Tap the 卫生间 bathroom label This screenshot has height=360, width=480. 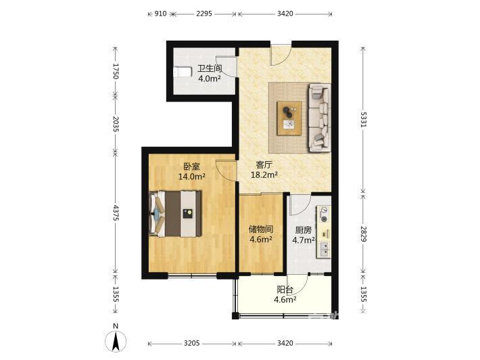pyautogui.click(x=210, y=68)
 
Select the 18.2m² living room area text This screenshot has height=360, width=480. pyautogui.click(x=264, y=175)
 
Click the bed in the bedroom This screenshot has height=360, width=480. pyautogui.click(x=175, y=214)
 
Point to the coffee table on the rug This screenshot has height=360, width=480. pyautogui.click(x=289, y=118)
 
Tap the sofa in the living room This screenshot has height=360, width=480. pyautogui.click(x=320, y=118)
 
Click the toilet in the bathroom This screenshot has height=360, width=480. pyautogui.click(x=182, y=72)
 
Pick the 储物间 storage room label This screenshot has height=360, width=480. pyautogui.click(x=261, y=229)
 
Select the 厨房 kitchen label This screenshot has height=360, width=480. pyautogui.click(x=304, y=230)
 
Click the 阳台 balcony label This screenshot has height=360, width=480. pyautogui.click(x=285, y=290)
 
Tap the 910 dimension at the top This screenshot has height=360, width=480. pyautogui.click(x=160, y=14)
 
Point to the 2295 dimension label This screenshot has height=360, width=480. pyautogui.click(x=204, y=14)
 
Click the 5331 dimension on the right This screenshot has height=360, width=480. pyautogui.click(x=363, y=120)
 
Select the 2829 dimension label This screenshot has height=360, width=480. pyautogui.click(x=363, y=234)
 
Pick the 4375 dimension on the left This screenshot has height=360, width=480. pyautogui.click(x=116, y=213)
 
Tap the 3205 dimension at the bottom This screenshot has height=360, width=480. pyautogui.click(x=192, y=343)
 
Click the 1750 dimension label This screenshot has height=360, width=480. pyautogui.click(x=116, y=71)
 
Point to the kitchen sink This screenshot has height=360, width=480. pyautogui.click(x=325, y=249)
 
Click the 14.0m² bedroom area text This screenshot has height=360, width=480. pyautogui.click(x=191, y=177)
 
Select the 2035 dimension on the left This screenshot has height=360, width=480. pyautogui.click(x=116, y=124)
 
